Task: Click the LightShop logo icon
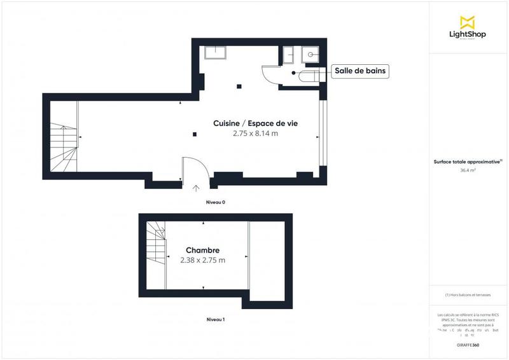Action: [468, 22]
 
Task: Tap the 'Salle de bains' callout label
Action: [361, 72]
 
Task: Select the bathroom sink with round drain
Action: [310, 55]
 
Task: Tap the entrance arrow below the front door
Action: [195, 188]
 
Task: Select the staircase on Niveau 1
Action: [156, 246]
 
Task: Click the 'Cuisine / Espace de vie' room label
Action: [256, 123]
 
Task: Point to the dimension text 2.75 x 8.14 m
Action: [256, 134]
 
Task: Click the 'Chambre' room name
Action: [203, 250]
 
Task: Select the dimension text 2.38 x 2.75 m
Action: [203, 260]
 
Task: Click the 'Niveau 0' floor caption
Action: [215, 202]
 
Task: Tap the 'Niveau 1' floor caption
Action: [215, 319]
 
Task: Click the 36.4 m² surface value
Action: [468, 170]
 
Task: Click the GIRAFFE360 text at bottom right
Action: [468, 344]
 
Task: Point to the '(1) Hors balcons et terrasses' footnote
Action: [468, 295]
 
